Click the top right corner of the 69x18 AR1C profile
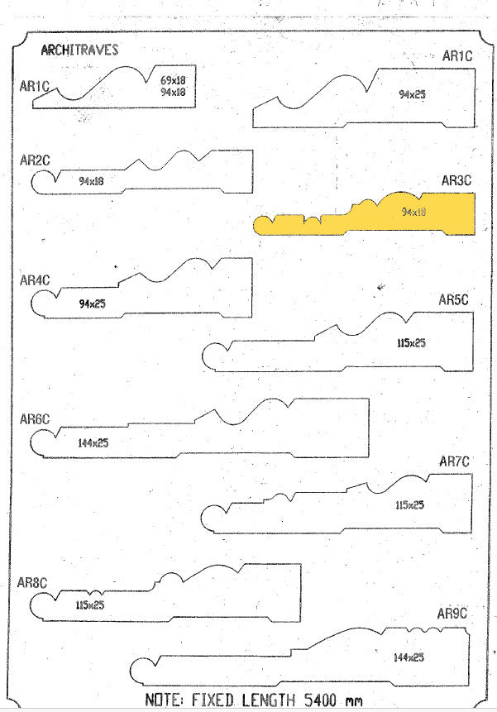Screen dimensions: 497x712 pos(196,65)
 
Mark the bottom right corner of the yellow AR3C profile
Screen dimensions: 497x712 pos(475,234)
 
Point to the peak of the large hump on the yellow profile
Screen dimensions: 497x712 pos(400,192)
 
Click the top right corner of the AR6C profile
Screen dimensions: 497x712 pos(369,399)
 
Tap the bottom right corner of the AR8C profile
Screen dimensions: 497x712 pos(300,621)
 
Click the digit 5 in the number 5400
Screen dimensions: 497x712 pos(308,700)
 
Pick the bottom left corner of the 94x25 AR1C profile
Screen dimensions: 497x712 pos(253,127)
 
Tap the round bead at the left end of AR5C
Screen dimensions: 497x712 pos(215,357)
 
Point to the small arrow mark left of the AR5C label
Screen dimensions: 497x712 pos(381,286)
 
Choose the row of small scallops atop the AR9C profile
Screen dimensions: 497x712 pos(425,629)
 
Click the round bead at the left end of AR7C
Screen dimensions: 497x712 pos(213,518)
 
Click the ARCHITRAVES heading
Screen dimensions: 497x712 pos(79,50)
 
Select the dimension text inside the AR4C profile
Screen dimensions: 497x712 pos(92,303)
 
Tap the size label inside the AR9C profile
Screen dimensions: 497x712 pos(409,657)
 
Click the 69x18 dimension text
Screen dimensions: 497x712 pos(173,80)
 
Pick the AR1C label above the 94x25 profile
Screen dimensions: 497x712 pos(457,56)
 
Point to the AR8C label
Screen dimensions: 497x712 pos(31,583)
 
